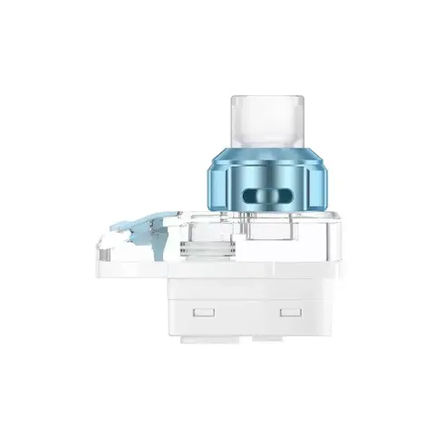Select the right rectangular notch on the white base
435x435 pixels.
pos(290,314)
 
